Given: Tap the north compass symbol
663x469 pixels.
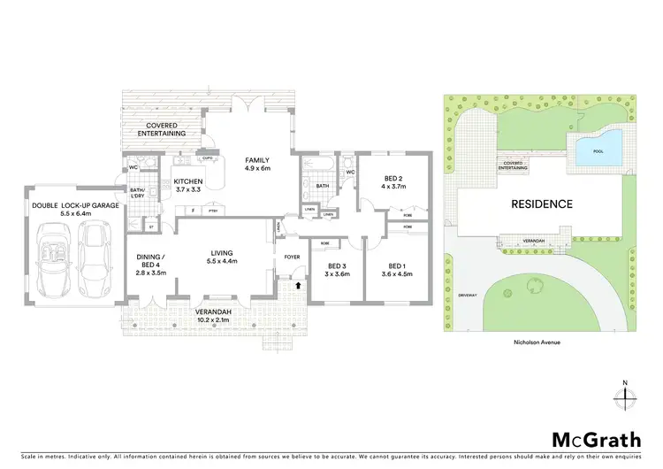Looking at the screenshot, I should click(624, 399).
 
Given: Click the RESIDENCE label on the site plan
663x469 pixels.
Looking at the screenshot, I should click(542, 204).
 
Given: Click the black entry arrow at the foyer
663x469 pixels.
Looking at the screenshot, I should click(297, 286).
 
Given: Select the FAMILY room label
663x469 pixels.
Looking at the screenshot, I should click(257, 164).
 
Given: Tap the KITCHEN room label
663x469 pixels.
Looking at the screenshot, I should click(188, 185).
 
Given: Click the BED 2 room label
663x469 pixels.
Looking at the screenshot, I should click(392, 181).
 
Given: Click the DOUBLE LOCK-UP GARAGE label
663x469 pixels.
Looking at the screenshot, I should click(74, 210).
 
